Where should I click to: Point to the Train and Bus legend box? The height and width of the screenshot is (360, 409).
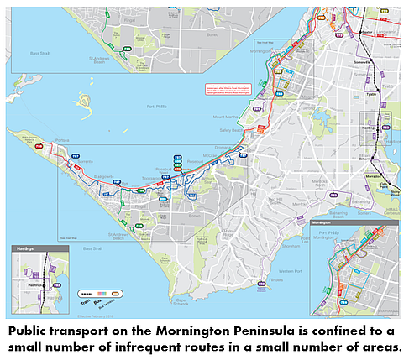[x=101, y=295]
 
